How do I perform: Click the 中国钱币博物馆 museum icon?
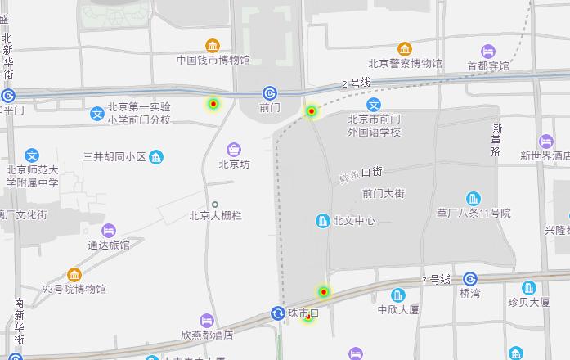(213, 45)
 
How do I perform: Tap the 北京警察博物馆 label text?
(405, 63)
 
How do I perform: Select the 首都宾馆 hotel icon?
(488, 51)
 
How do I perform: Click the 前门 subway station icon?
(270, 93)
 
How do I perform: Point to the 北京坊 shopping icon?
(235, 149)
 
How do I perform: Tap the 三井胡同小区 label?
(114, 156)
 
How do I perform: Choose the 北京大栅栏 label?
(215, 216)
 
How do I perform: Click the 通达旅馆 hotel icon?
(109, 230)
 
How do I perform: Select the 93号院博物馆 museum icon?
(74, 274)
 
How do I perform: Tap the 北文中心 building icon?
(323, 220)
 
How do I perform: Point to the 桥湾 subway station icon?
(470, 279)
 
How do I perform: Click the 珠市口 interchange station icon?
(278, 313)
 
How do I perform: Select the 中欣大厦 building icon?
(398, 295)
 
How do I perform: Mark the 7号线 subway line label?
(437, 280)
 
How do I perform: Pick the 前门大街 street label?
(384, 193)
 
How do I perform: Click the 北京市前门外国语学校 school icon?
(374, 104)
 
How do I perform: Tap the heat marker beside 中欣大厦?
(324, 291)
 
